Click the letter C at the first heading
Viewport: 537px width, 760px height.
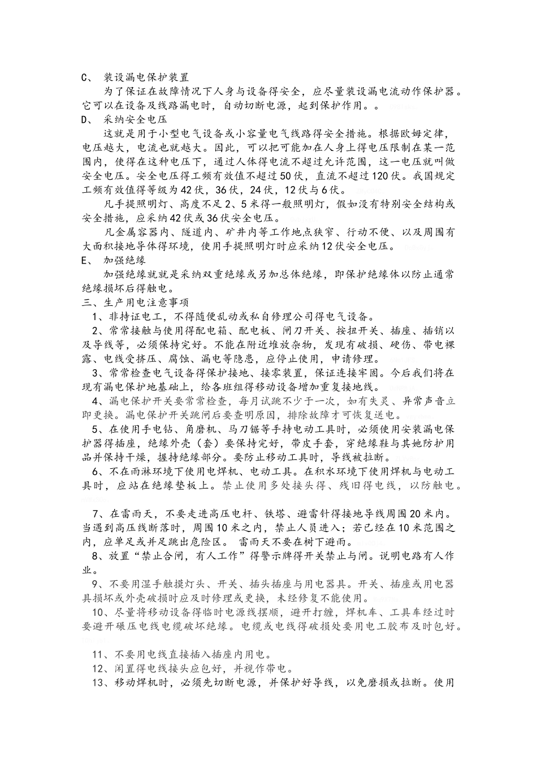click(85, 77)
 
